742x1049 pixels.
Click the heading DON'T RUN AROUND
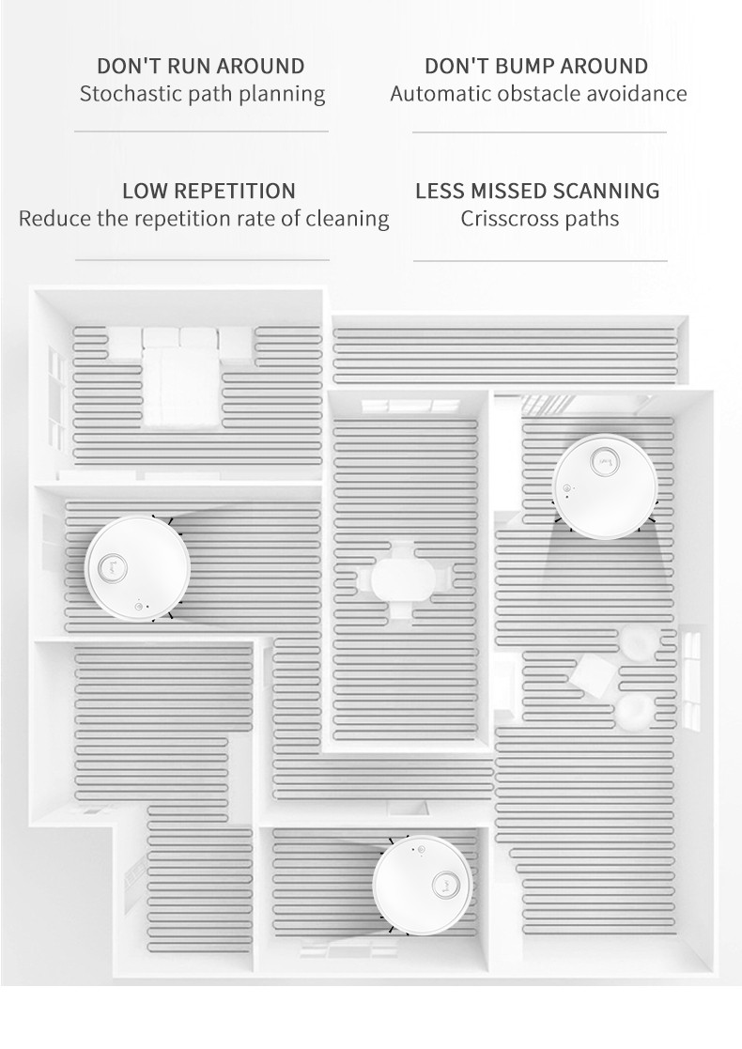201,67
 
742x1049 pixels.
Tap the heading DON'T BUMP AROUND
536,67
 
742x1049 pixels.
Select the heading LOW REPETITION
209,192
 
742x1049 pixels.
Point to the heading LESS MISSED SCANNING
537,192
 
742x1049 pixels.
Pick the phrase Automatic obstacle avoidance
538,94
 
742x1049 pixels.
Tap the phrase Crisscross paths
539,219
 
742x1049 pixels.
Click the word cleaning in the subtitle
347,219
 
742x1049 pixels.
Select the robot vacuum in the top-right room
605,486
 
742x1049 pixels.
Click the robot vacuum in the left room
137,567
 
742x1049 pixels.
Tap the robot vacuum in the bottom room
423,883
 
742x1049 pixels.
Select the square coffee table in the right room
594,676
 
